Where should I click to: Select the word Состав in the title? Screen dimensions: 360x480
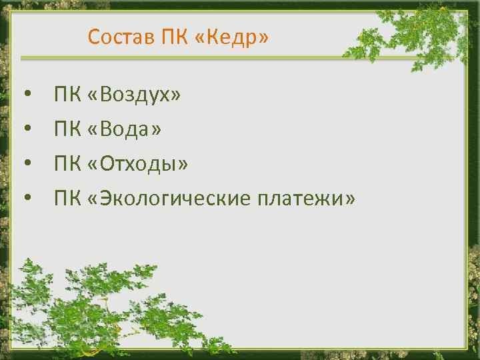pyautogui.click(x=121, y=37)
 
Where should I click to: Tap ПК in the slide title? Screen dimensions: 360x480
pyautogui.click(x=175, y=37)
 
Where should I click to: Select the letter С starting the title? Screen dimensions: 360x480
pyautogui.click(x=93, y=37)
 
